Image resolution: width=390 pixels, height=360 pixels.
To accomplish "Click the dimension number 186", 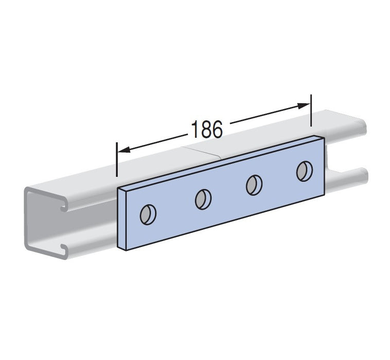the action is (207, 129).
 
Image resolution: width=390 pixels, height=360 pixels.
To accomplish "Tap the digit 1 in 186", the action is (195, 129).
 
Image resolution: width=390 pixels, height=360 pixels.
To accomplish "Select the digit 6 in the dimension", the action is (217, 129).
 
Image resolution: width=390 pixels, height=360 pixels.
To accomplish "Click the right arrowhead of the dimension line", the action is (304, 105).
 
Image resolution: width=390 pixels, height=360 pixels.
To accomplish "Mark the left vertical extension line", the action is (117, 159).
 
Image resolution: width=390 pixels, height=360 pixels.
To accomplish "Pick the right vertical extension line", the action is (311, 111).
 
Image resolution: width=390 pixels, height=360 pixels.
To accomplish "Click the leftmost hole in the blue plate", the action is (148, 214).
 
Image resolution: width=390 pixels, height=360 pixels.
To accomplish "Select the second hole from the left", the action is (203, 199).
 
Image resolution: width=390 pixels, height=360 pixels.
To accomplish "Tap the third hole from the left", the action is (254, 185).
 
